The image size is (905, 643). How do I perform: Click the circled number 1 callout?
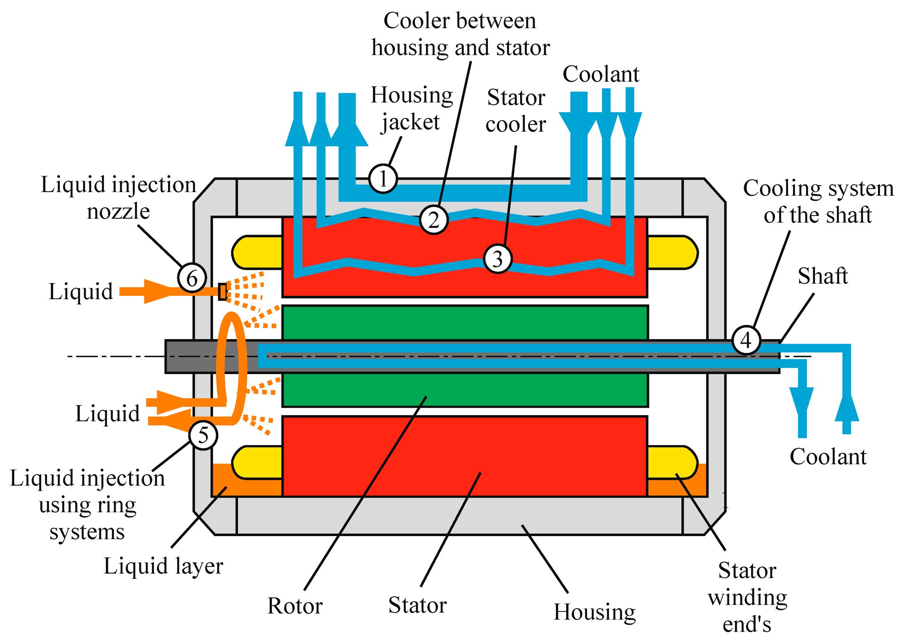click(x=383, y=179)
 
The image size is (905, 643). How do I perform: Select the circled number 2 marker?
click(x=434, y=219)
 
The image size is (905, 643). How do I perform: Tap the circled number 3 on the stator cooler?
click(x=498, y=259)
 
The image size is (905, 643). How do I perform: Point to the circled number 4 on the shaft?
click(x=746, y=340)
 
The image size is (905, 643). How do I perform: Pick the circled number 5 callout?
click(x=203, y=435)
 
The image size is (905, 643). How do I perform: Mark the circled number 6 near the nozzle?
click(x=192, y=278)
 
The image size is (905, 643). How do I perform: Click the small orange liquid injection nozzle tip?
click(x=223, y=291)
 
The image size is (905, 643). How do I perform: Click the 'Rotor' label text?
click(x=295, y=605)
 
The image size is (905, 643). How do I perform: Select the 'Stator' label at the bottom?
click(x=418, y=605)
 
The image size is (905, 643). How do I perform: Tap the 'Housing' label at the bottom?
click(x=595, y=612)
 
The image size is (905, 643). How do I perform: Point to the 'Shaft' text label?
click(x=823, y=276)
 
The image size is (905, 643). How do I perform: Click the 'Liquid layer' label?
click(x=164, y=566)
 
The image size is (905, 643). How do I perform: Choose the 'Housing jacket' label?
click(x=412, y=108)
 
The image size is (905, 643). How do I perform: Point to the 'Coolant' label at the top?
click(x=601, y=74)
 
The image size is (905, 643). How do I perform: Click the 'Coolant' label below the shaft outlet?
click(x=828, y=457)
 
